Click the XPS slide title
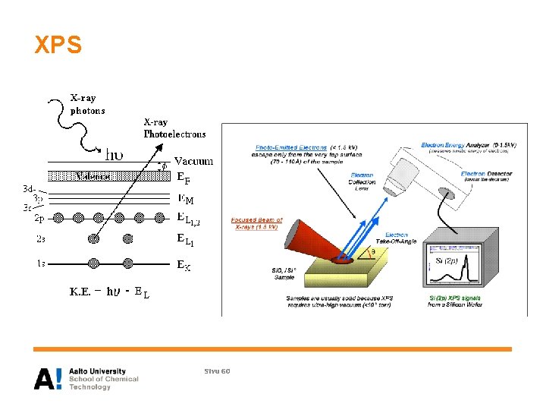[x=58, y=46]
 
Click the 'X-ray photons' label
[x=88, y=104]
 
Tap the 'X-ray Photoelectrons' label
[x=174, y=128]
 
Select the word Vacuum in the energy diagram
[x=193, y=161]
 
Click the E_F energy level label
[x=184, y=180]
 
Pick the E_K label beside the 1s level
[x=184, y=266]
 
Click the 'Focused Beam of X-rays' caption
[x=257, y=223]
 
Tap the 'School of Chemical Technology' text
[x=104, y=383]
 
